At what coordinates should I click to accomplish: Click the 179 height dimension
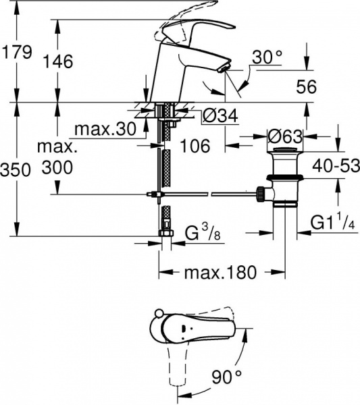(17, 51)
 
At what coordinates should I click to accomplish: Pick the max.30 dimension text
(104, 128)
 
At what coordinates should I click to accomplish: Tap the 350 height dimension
(17, 170)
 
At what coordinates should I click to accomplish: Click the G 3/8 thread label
(202, 234)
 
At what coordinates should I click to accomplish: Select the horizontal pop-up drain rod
(203, 195)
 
